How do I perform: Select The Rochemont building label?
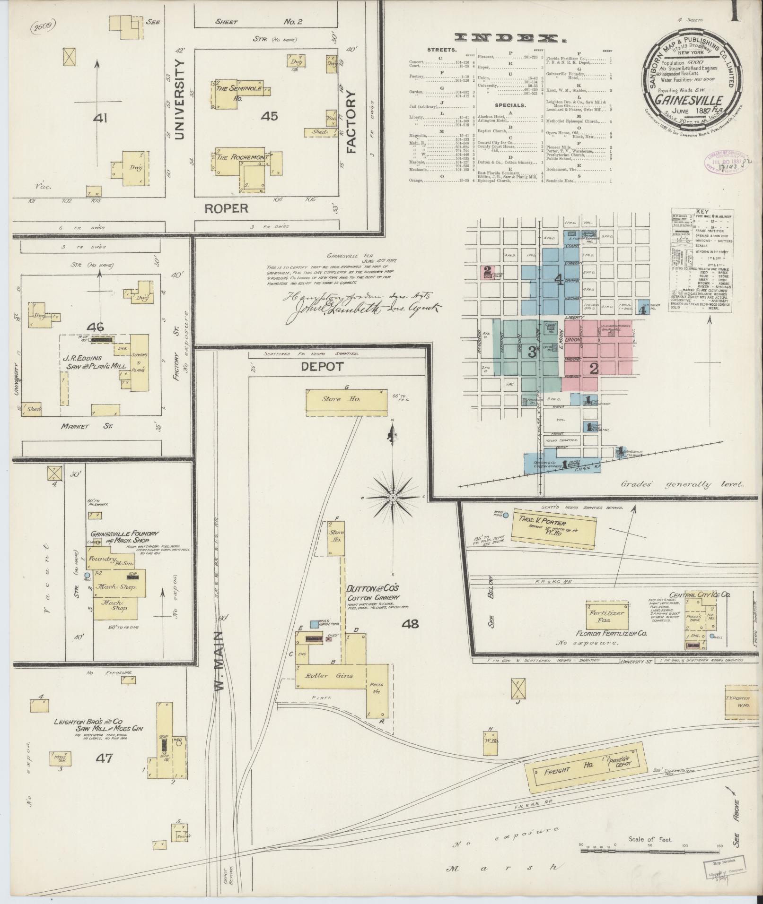[242, 157]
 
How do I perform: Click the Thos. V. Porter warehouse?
[553, 524]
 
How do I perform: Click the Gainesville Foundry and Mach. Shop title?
[124, 536]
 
